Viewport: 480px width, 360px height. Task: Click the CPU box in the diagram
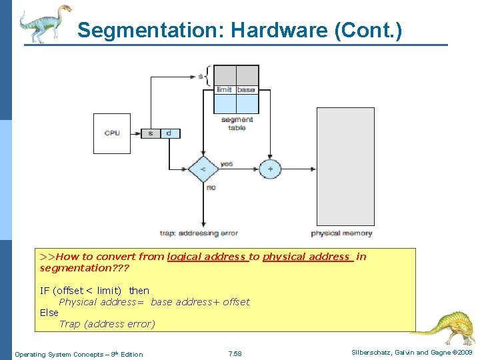112,133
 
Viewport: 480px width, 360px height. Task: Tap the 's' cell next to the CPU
151,133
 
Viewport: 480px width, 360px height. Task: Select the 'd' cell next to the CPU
169,133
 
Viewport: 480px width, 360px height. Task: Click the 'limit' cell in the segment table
225,90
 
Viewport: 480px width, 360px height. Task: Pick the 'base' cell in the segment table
247,90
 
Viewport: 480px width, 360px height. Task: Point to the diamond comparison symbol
202,169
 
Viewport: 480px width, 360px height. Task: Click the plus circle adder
270,169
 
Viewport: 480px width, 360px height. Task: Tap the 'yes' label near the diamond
226,163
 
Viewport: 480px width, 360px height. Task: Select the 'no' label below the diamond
211,187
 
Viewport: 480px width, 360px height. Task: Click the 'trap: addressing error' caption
199,233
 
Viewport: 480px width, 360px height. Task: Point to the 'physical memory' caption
341,233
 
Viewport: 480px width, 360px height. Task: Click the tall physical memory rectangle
345,166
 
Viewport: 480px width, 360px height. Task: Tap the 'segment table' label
237,123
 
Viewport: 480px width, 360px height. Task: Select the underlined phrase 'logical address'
207,257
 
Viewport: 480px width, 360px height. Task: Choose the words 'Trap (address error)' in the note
107,324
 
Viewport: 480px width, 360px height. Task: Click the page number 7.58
235,354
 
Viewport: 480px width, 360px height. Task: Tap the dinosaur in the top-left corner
43,23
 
